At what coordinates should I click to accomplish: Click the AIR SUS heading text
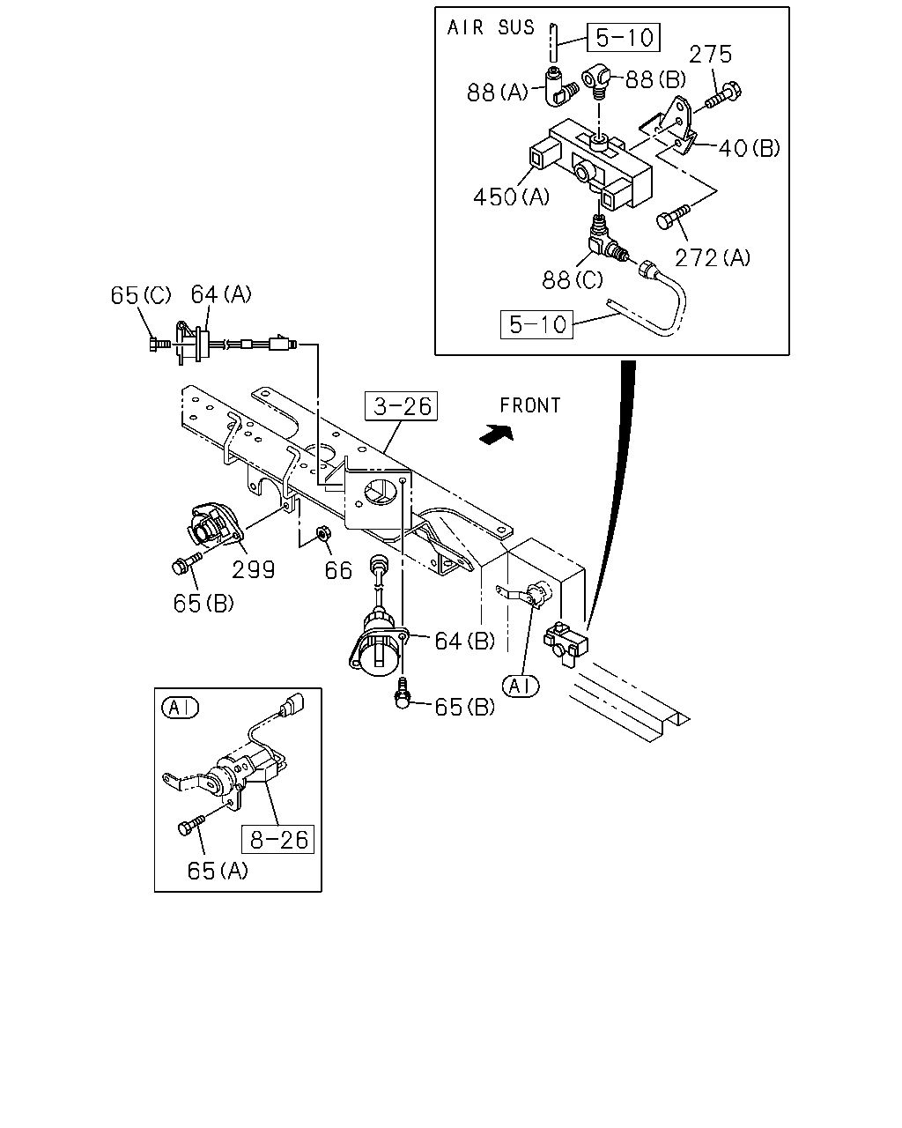490,28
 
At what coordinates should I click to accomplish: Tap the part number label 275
710,55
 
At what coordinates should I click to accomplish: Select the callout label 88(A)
498,93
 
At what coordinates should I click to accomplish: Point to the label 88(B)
655,79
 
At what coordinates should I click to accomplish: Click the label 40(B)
749,148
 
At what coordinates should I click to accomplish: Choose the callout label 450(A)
511,197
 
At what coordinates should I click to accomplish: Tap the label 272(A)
713,258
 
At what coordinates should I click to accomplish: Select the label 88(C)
573,280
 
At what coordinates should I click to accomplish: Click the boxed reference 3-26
402,406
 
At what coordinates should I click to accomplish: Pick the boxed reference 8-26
277,840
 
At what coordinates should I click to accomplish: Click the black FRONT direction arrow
496,434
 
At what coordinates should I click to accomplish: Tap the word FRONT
530,405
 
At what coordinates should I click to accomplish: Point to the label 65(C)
140,295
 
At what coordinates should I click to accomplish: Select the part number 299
253,570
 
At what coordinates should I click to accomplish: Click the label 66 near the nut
338,571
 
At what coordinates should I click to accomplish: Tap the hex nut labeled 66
323,535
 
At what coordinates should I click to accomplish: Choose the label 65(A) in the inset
218,872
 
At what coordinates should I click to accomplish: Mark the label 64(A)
221,294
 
